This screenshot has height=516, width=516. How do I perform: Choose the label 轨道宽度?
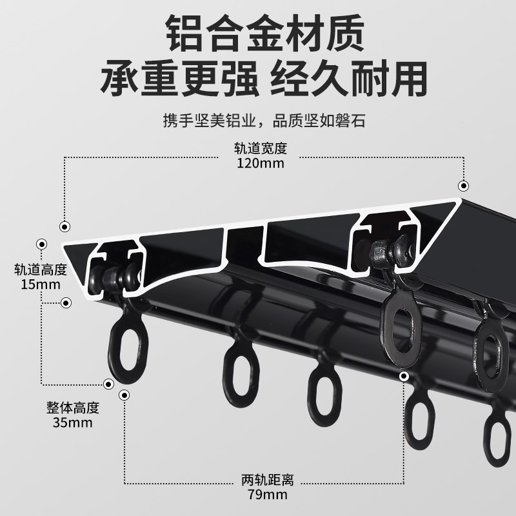[x=261, y=148]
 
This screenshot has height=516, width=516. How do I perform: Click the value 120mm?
[x=261, y=163]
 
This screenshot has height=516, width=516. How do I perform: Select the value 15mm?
[x=40, y=284]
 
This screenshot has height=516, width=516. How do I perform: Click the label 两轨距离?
[x=267, y=481]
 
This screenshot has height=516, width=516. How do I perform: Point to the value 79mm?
[x=267, y=495]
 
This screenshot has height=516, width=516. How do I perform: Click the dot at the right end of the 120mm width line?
[x=462, y=184]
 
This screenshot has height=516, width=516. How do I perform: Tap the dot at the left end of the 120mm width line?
[x=64, y=226]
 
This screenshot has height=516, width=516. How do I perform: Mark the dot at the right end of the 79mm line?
[x=404, y=377]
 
